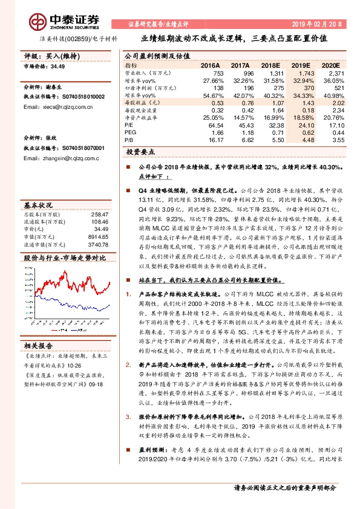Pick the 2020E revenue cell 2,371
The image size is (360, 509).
[336, 73]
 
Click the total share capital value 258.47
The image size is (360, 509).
[99, 215]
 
